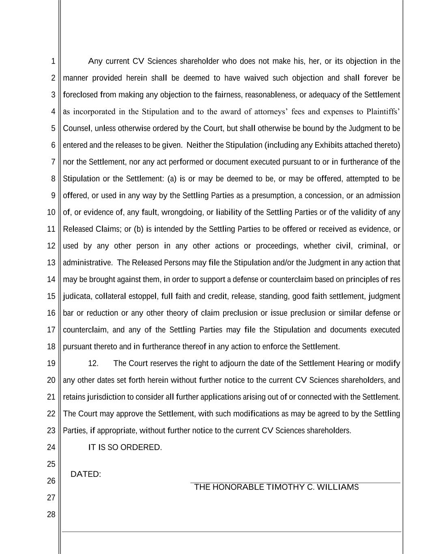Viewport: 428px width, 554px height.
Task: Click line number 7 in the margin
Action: (53, 162)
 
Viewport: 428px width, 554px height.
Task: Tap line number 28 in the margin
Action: (51, 515)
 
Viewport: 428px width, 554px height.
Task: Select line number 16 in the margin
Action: (51, 313)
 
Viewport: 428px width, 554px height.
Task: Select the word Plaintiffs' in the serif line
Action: (383, 112)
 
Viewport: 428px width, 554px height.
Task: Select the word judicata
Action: (77, 296)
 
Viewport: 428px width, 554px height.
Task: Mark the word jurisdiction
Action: (106, 397)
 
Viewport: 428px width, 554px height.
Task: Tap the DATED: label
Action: (86, 474)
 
